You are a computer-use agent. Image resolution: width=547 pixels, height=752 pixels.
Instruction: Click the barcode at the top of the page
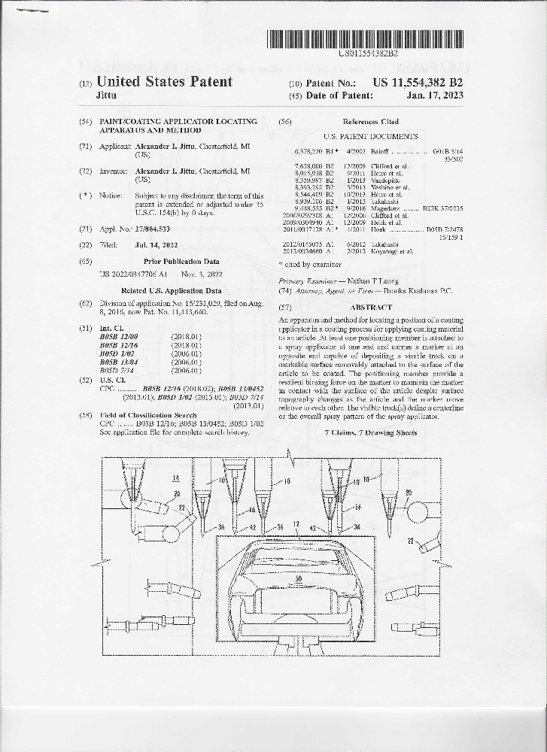coord(368,38)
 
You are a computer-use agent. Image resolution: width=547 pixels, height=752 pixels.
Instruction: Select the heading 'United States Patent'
coord(165,81)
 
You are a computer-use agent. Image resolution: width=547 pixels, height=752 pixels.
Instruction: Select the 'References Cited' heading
coord(370,121)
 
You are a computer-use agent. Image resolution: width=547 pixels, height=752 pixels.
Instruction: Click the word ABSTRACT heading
coord(371,308)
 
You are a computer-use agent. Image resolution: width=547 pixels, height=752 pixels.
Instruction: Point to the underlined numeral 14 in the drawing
coord(175,478)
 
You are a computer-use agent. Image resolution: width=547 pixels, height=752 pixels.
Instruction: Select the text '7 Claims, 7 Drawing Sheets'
coord(370,434)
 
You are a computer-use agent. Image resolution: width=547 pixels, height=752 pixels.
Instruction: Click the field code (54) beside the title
coord(85,121)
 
